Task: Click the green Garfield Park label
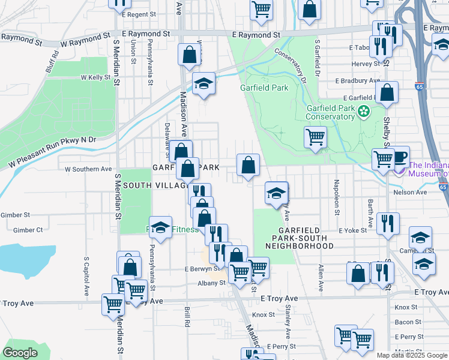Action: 264,88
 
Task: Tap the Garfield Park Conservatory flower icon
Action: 364,112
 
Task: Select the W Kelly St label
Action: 95,77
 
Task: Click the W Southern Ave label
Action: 88,169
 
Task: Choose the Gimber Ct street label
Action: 28,230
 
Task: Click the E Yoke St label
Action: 352,230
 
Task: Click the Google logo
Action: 20,353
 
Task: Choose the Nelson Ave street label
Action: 410,192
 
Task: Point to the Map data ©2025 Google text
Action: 412,355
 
